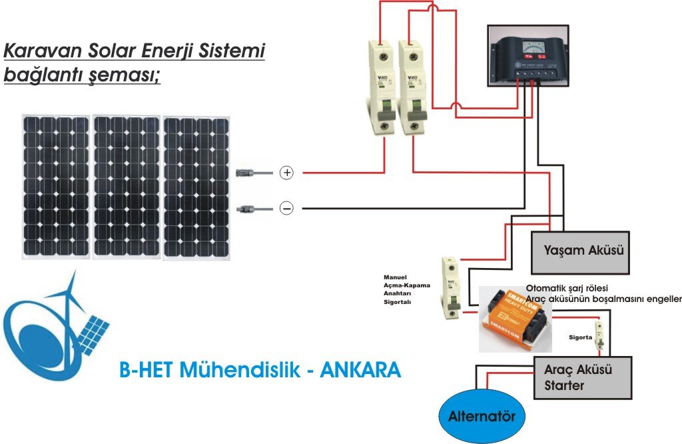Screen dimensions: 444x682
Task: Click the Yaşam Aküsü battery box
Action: tap(579, 251)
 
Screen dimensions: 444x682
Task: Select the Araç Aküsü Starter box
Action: tap(583, 377)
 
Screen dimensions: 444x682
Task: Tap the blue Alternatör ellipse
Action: tap(482, 417)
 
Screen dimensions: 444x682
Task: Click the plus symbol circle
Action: tap(286, 173)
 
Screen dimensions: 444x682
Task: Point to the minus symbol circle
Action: tap(286, 209)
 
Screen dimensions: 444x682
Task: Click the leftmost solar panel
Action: tap(55, 186)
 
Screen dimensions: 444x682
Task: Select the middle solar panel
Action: tap(126, 186)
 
